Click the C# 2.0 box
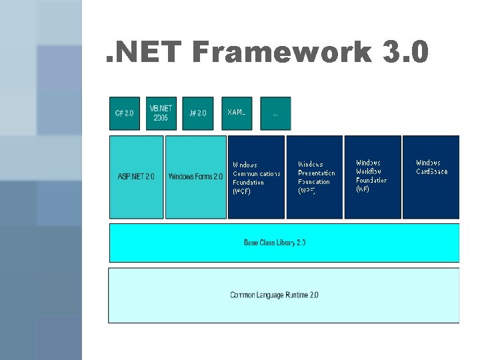125,113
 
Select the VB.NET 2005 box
161,113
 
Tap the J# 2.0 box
198,113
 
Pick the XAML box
237,113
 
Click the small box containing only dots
275,113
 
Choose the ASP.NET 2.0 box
136,177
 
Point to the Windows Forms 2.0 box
195,177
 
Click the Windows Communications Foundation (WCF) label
256,177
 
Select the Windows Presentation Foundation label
316,177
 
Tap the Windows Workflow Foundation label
371,176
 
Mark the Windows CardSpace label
432,167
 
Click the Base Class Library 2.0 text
275,243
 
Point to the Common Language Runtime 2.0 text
274,295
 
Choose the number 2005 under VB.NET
161,118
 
